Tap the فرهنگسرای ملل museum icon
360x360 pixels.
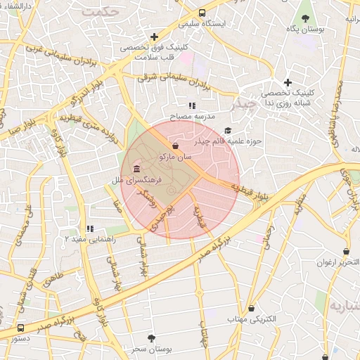click(136, 170)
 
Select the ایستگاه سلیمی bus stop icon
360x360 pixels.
click(202, 13)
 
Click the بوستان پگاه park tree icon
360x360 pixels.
click(305, 18)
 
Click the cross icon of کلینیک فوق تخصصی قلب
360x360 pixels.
click(154, 37)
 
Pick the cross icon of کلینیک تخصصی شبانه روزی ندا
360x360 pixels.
click(288, 82)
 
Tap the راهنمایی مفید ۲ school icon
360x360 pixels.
click(89, 229)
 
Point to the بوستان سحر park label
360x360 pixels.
click(151, 349)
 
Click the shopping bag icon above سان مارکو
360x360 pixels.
click(174, 146)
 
